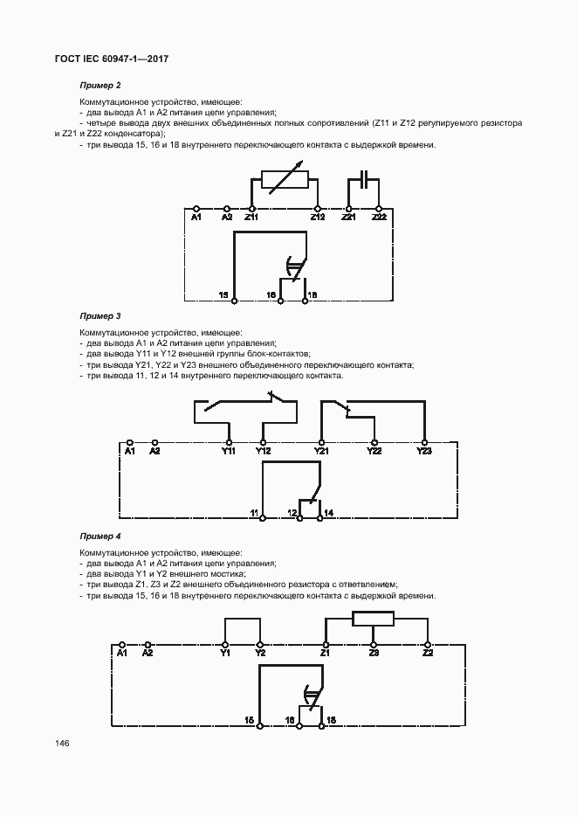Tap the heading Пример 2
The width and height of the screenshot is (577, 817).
100,86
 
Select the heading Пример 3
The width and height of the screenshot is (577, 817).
100,315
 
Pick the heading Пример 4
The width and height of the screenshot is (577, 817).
100,535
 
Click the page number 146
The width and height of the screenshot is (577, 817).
62,744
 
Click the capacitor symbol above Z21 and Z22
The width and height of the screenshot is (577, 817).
363,181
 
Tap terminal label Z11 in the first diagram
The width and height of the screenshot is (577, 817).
251,217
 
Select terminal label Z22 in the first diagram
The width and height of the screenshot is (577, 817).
379,217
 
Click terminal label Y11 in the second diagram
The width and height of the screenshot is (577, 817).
229,452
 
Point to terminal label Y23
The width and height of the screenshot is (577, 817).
424,452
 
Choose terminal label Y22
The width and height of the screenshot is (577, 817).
374,452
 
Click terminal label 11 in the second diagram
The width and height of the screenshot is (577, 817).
254,511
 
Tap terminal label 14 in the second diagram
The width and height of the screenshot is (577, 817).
329,511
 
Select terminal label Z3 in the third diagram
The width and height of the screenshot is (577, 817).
374,653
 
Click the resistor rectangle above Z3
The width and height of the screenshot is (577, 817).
374,620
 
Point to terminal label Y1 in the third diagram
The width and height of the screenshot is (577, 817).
225,653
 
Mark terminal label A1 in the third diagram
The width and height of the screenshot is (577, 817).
122,653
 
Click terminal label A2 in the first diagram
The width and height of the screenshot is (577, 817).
227,217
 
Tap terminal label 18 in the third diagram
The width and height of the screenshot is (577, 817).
331,719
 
